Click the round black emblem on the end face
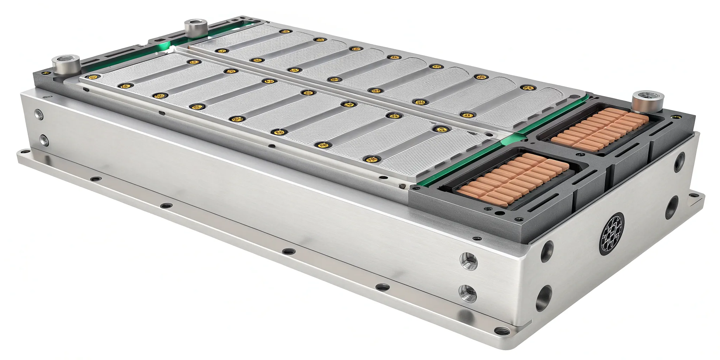click(x=612, y=233)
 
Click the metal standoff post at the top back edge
click(x=196, y=28)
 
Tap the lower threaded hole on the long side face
click(x=468, y=294)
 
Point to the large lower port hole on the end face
click(x=544, y=297)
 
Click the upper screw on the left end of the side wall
click(x=39, y=114)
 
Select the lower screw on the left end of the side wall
click(x=44, y=140)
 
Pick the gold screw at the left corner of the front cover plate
click(x=92, y=77)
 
